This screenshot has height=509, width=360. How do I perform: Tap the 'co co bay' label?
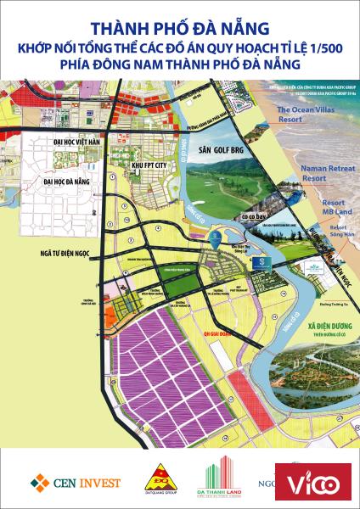[245, 217]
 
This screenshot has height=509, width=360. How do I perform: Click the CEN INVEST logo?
[76, 482]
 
